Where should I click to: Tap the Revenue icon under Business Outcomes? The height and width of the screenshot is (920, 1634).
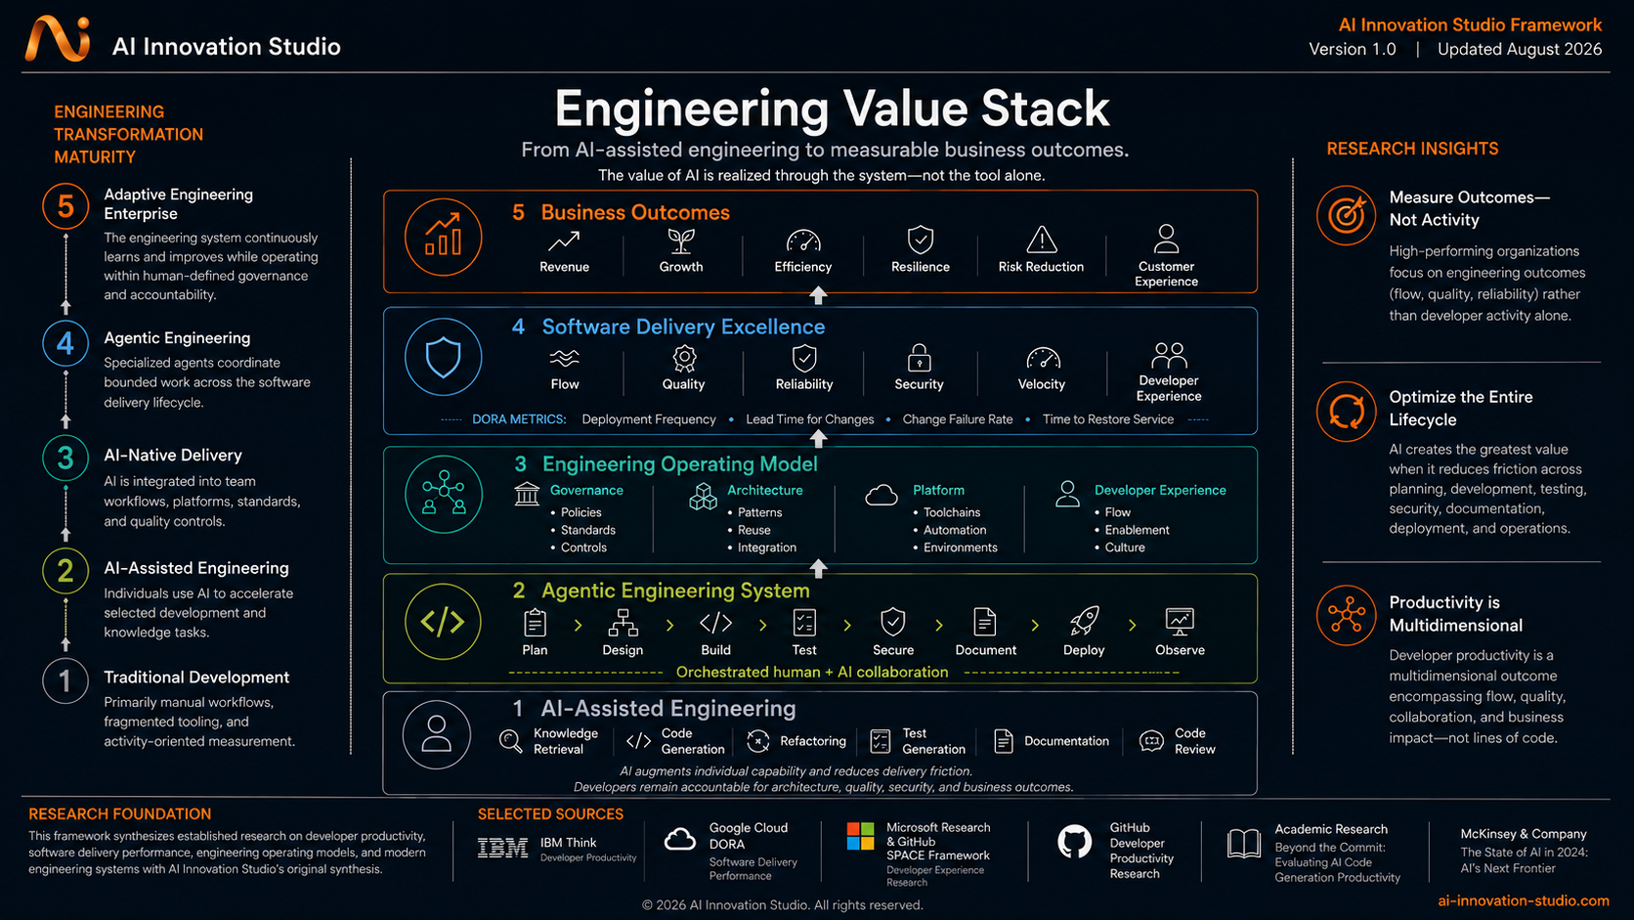click(564, 241)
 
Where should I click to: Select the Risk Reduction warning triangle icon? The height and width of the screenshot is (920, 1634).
click(1041, 239)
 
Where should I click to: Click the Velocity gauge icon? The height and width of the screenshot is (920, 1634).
click(1043, 358)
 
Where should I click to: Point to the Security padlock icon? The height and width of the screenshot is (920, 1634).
click(919, 358)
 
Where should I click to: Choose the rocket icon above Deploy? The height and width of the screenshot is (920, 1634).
click(1084, 621)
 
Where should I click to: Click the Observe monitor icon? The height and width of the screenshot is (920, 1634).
click(1180, 621)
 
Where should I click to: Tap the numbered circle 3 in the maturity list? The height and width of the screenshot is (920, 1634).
click(64, 458)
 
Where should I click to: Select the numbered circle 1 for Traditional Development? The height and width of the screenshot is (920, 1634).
click(64, 680)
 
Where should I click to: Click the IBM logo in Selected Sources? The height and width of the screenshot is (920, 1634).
click(502, 848)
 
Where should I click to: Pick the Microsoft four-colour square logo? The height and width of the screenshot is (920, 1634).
click(860, 836)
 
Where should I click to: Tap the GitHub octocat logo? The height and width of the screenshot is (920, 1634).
click(1074, 842)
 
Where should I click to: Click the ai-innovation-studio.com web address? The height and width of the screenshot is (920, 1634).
click(1524, 901)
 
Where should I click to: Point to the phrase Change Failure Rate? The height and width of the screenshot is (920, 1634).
click(957, 419)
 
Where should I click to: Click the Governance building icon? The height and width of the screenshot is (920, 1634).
click(527, 494)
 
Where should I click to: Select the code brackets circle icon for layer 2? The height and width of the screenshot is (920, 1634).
click(443, 622)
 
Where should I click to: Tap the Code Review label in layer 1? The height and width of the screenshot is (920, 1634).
click(1194, 741)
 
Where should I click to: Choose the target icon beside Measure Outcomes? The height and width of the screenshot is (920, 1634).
click(1346, 214)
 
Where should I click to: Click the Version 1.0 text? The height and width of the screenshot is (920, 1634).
click(1352, 50)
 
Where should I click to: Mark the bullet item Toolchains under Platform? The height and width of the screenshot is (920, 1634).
click(951, 513)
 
